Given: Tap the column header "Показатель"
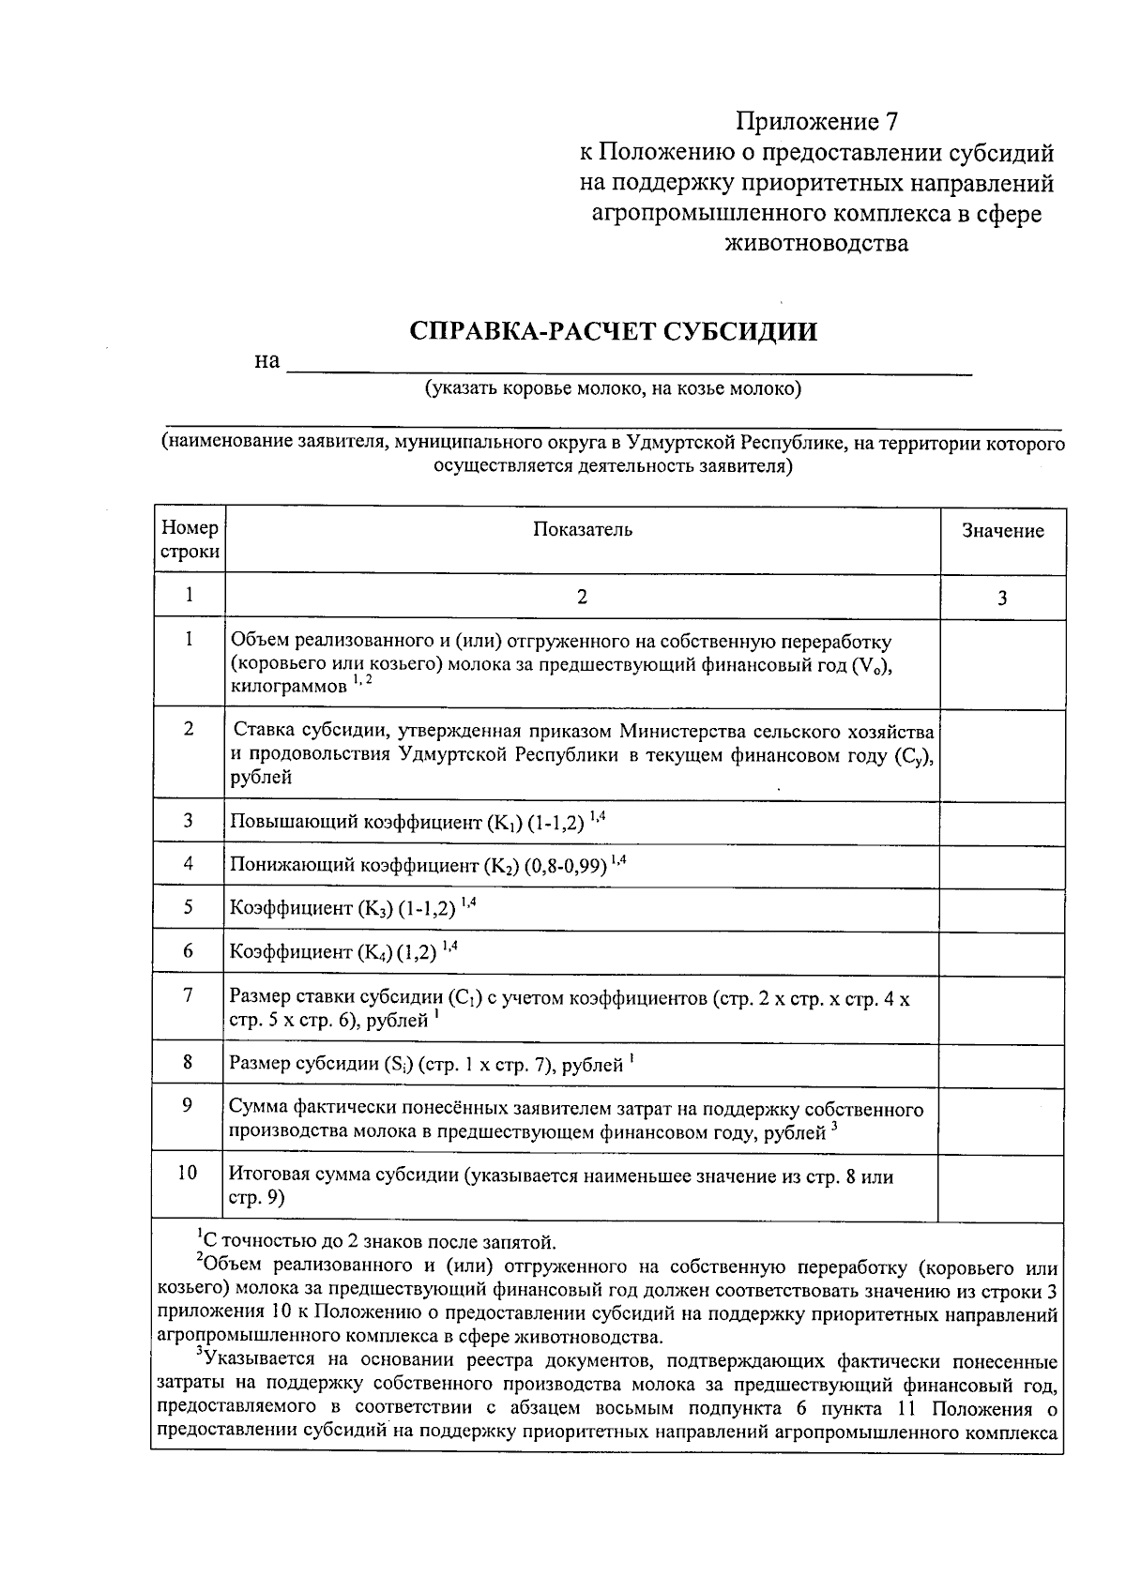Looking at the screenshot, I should coord(582,530).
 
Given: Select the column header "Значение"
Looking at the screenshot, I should coord(1002,531).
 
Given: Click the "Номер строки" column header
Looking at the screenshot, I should coord(190,540).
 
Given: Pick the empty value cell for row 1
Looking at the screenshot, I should coord(1002,664).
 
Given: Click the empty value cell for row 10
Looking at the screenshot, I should coord(1002,1188).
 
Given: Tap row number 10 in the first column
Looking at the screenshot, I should coord(188,1173).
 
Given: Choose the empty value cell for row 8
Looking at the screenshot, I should coord(1002,1064).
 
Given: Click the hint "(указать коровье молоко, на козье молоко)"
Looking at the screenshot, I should coord(613,389).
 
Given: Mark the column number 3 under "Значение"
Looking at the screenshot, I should coord(1002,598).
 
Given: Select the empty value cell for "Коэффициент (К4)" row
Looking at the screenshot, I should coord(1002,953).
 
